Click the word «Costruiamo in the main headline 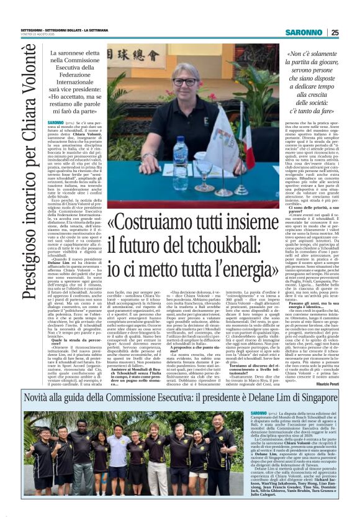(x=150, y=222)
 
